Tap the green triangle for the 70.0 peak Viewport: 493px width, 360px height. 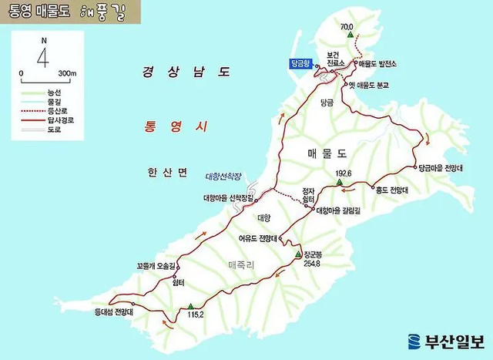350,36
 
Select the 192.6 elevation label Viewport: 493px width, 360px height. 344,174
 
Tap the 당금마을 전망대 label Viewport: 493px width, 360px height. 441,167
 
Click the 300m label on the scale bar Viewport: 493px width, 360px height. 68,74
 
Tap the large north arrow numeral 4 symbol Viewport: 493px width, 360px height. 43,56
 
